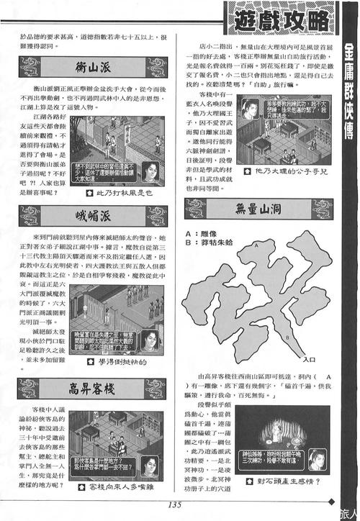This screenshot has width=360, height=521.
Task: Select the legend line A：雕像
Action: [206, 233]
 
